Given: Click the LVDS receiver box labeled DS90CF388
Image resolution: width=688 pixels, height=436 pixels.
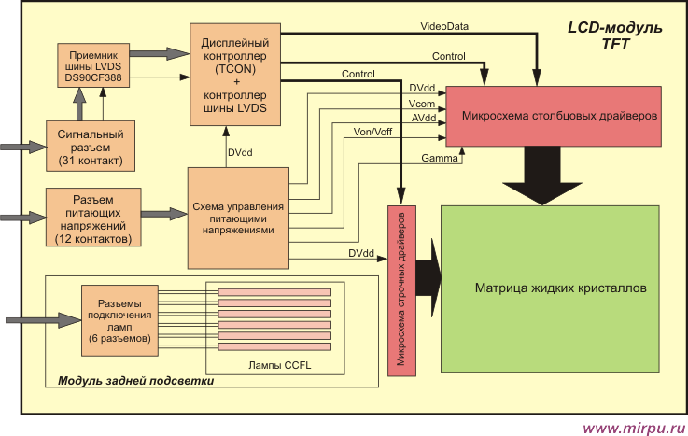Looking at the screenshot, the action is tap(93, 65).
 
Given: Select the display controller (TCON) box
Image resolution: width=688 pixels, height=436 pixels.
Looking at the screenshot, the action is tap(235, 75).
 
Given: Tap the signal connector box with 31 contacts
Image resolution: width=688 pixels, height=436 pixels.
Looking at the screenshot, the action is tap(91, 146).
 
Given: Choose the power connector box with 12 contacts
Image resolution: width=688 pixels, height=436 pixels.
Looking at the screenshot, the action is tap(93, 218).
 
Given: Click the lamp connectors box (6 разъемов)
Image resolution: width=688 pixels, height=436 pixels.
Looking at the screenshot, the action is tap(119, 320).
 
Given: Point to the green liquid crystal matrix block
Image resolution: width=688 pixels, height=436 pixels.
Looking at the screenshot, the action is tap(550, 289).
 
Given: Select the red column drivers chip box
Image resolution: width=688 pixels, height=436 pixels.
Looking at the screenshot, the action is tap(554, 117).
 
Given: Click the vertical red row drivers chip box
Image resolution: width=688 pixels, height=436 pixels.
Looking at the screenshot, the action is tap(401, 290).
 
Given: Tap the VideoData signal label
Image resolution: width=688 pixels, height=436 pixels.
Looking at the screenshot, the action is tap(444, 26).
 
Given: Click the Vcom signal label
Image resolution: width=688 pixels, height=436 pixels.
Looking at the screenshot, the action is tap(422, 104).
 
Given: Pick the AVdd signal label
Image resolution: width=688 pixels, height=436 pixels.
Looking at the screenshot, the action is tap(424, 118).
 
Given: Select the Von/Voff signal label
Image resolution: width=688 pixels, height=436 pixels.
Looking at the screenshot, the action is tap(372, 132).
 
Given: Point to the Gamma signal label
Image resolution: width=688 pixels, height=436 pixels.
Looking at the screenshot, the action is tap(439, 158).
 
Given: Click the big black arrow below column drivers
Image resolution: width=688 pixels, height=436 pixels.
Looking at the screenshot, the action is tap(542, 176).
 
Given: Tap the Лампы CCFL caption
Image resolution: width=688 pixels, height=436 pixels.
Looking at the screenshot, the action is tap(279, 365).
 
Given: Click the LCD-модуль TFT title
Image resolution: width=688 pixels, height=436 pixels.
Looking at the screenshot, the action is tap(615, 35).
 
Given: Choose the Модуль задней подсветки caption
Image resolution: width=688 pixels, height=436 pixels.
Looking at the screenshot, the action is tap(136, 381).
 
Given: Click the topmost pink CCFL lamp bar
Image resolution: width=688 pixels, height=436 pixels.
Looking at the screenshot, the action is tap(274, 292).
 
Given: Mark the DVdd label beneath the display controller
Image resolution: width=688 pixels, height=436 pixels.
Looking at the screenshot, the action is tap(240, 152).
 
